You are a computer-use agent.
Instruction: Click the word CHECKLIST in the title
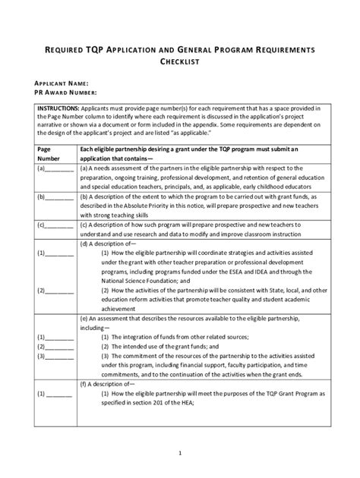pos(179,62)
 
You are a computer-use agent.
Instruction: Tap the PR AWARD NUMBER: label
pos(65,93)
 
